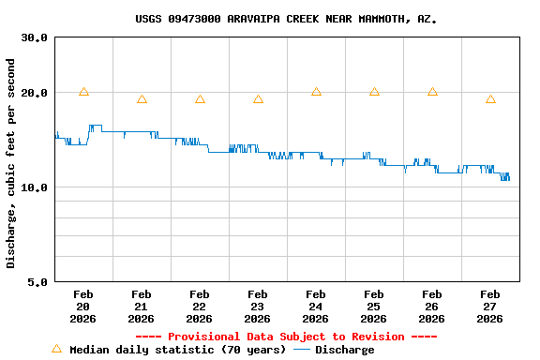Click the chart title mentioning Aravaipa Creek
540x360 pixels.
286,19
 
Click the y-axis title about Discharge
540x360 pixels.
11,163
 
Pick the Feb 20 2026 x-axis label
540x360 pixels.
83,307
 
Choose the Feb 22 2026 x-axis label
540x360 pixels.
200,307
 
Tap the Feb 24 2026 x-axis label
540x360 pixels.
316,307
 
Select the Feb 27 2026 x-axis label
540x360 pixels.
490,307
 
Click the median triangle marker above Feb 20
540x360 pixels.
83,92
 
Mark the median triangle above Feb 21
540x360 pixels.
142,99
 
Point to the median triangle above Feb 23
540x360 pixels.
258,99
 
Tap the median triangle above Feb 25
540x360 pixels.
374,92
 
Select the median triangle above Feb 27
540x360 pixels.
490,99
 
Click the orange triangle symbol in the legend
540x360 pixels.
56,349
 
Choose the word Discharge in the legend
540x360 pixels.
344,350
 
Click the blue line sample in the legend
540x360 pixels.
302,350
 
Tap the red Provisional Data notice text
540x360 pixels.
286,337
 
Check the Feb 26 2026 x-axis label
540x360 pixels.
432,307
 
